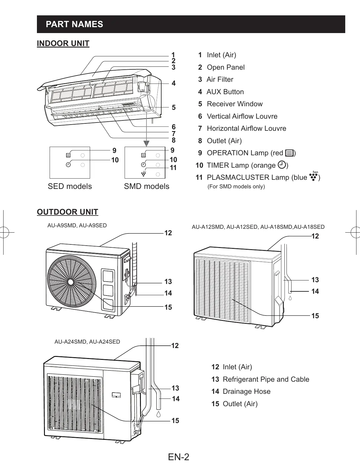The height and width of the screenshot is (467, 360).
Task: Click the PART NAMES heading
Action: point(74,24)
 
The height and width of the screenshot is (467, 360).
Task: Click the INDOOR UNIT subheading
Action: point(63,44)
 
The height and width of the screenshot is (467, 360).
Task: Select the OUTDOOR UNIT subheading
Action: point(67,212)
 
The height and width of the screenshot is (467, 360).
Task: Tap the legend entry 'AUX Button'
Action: point(225,92)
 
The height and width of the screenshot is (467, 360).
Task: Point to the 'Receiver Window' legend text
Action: point(234,104)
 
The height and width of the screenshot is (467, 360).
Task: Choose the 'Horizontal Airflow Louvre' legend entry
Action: point(246,128)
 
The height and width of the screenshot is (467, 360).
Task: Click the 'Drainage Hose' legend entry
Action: point(246,391)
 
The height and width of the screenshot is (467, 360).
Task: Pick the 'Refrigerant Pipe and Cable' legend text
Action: point(266,379)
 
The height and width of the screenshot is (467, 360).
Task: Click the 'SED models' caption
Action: point(70,186)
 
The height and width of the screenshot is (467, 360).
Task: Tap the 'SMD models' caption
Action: point(146,186)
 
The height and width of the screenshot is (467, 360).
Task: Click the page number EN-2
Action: point(179,457)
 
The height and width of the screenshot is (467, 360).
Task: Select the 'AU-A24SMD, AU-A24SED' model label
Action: point(87,342)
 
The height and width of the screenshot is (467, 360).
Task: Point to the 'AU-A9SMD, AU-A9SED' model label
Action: point(77,226)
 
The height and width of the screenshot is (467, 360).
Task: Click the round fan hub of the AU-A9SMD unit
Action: point(71,282)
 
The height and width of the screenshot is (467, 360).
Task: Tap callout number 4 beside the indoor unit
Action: point(174,83)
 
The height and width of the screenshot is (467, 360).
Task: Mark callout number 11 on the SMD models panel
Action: point(173,168)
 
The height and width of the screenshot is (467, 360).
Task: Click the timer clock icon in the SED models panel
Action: point(68,164)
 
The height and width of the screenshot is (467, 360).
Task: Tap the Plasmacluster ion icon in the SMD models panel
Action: point(144,174)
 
